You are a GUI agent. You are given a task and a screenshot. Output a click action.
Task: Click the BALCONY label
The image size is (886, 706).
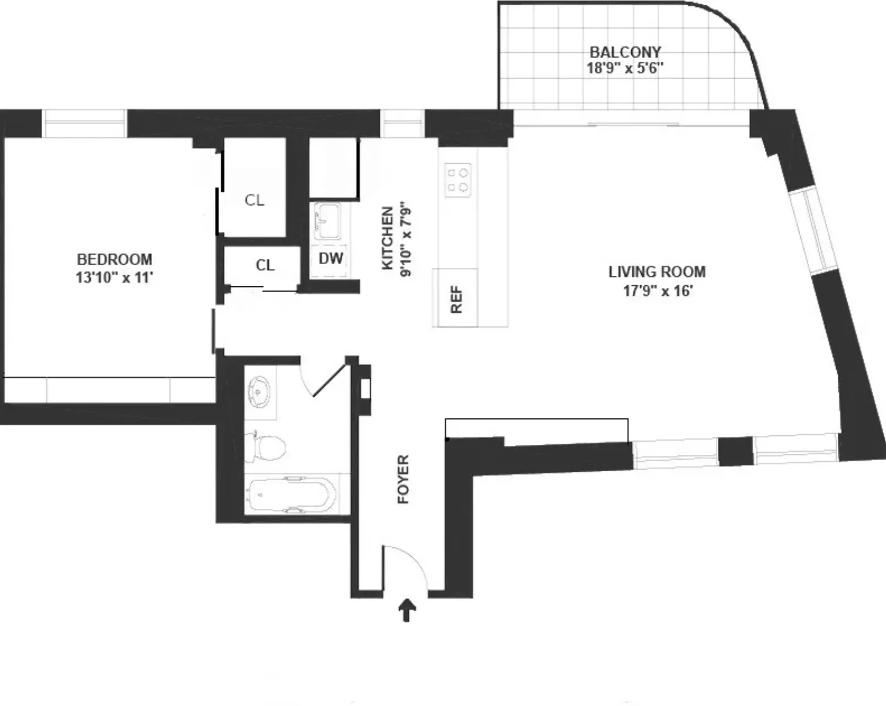pyautogui.click(x=625, y=52)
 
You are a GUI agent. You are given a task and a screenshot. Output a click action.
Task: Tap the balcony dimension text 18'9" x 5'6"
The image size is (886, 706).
pyautogui.click(x=625, y=68)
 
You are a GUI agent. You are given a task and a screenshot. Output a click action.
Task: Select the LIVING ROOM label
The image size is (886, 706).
pyautogui.click(x=656, y=272)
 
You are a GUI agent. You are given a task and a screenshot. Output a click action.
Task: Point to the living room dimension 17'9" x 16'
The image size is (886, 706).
pyautogui.click(x=658, y=290)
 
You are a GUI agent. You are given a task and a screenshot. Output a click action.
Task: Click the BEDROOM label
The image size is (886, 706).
pyautogui.click(x=114, y=259)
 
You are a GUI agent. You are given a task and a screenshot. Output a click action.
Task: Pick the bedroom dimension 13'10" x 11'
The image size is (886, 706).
pyautogui.click(x=114, y=277)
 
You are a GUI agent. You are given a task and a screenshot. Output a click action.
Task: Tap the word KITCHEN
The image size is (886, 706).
pyautogui.click(x=388, y=238)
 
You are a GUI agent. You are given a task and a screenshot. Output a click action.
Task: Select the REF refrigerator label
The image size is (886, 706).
pyautogui.click(x=457, y=299)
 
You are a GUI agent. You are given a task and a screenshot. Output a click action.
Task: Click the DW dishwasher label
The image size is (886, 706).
pyautogui.click(x=331, y=258)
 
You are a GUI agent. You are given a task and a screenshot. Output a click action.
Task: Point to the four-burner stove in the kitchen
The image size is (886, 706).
pyautogui.click(x=458, y=180)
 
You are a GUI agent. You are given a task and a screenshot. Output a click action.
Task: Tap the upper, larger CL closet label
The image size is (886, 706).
pyautogui.click(x=254, y=200)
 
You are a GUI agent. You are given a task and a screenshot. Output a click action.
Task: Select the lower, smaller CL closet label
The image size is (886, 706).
pyautogui.click(x=265, y=265)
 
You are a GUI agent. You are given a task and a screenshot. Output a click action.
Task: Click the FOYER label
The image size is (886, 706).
pyautogui.click(x=403, y=479)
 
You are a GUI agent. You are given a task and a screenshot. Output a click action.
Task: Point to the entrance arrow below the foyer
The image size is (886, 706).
pyautogui.click(x=407, y=610)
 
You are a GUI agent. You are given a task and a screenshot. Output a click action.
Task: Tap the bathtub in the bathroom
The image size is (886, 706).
pyautogui.click(x=291, y=495)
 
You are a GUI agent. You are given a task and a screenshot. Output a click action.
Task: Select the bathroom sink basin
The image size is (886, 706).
pyautogui.click(x=259, y=389)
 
